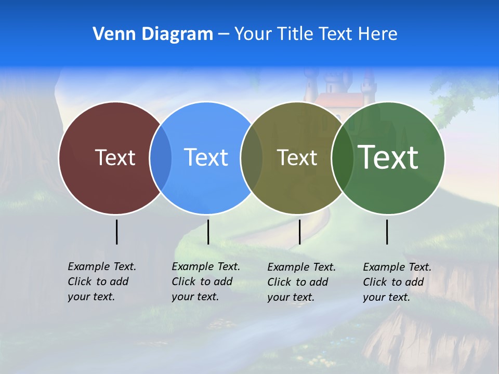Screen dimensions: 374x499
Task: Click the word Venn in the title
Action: click(x=110, y=34)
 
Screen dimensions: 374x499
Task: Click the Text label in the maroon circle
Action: click(x=115, y=157)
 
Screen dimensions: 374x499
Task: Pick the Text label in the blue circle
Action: click(x=206, y=157)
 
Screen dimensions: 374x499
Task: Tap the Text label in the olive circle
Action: click(x=297, y=157)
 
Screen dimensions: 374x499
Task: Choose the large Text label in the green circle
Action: click(x=388, y=157)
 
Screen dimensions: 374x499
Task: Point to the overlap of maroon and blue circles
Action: click(x=161, y=158)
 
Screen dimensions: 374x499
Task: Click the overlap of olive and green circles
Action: click(x=342, y=158)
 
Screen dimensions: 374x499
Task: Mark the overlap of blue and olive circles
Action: click(x=252, y=158)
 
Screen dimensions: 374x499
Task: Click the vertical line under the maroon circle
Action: click(x=116, y=232)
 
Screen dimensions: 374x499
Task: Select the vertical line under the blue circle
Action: click(x=208, y=232)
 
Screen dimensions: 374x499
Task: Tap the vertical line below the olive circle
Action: click(x=299, y=232)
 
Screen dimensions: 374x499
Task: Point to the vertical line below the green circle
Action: click(x=387, y=232)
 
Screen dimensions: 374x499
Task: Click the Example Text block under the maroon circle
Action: click(x=101, y=282)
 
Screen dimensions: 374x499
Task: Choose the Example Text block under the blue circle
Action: click(x=205, y=282)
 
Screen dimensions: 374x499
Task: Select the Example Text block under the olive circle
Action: click(x=301, y=282)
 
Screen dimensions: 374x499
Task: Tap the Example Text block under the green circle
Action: click(x=397, y=282)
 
